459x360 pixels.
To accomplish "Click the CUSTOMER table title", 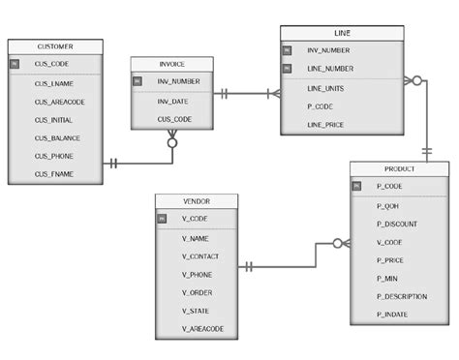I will tap(54, 46).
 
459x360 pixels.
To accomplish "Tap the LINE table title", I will tap(343, 33).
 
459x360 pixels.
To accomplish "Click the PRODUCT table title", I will tap(400, 168).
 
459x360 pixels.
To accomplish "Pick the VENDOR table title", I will tap(196, 201).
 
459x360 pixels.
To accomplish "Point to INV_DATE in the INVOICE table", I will tap(174, 101).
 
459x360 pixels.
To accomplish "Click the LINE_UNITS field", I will tap(327, 88).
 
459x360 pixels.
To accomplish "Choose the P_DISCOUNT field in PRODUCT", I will tap(397, 223).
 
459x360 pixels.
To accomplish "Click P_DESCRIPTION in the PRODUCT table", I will tap(402, 297).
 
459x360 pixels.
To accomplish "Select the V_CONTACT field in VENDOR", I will tap(200, 256).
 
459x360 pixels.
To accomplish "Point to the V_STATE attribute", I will tap(197, 312).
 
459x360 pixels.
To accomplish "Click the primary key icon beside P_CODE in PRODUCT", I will tap(355, 185).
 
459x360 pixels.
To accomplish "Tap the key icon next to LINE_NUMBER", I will tap(288, 69).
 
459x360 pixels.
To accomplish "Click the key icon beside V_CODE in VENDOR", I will tap(162, 219).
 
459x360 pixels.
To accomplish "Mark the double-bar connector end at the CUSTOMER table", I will tap(113, 164).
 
